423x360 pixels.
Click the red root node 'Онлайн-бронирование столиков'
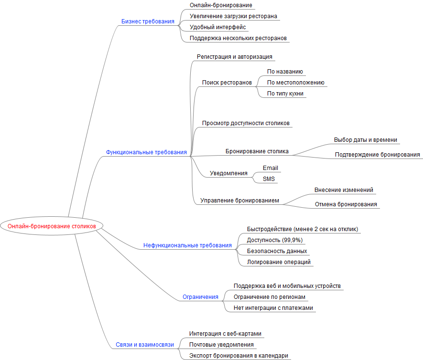(x=52, y=225)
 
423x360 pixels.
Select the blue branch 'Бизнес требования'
(x=148, y=21)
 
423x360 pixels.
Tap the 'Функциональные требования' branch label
(x=146, y=152)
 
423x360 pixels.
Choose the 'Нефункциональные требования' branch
(x=187, y=245)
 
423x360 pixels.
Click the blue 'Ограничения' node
(x=200, y=297)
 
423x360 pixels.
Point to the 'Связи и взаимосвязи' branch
(x=145, y=344)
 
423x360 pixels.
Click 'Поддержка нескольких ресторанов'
(x=238, y=38)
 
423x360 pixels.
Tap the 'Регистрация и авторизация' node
(x=235, y=57)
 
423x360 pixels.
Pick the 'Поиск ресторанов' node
(x=227, y=83)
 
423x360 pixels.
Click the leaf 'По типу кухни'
(x=285, y=94)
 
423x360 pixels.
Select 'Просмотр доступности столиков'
(x=246, y=123)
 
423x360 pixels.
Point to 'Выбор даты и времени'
(x=366, y=140)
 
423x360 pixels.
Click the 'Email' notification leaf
(x=270, y=168)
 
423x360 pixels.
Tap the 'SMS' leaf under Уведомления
(x=269, y=179)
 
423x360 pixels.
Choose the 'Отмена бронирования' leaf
(x=346, y=204)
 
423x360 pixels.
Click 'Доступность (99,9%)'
(x=274, y=240)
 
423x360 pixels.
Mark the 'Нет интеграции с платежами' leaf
(x=273, y=308)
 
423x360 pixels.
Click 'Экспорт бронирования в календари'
(x=239, y=356)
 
